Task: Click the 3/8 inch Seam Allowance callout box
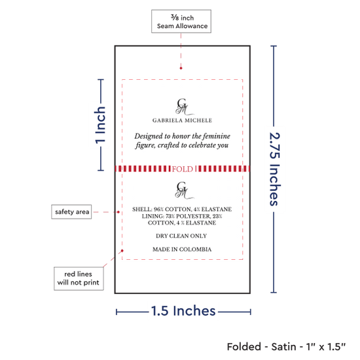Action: click(x=181, y=22)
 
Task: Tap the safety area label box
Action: click(x=71, y=211)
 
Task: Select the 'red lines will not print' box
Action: click(x=79, y=278)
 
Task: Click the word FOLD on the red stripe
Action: click(x=183, y=169)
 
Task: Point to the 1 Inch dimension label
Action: click(x=100, y=125)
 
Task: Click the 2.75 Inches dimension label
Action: click(x=275, y=169)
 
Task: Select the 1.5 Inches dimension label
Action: click(x=183, y=311)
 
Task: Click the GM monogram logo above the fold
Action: click(x=184, y=107)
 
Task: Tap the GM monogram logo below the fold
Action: click(x=184, y=190)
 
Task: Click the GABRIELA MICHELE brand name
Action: click(x=183, y=120)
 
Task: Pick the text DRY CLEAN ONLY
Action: click(x=181, y=236)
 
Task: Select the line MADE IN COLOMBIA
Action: click(x=182, y=249)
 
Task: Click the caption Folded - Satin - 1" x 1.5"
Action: click(x=286, y=347)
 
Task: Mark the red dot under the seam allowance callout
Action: click(x=181, y=68)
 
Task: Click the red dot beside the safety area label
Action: click(x=118, y=212)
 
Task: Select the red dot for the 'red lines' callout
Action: click(x=122, y=251)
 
